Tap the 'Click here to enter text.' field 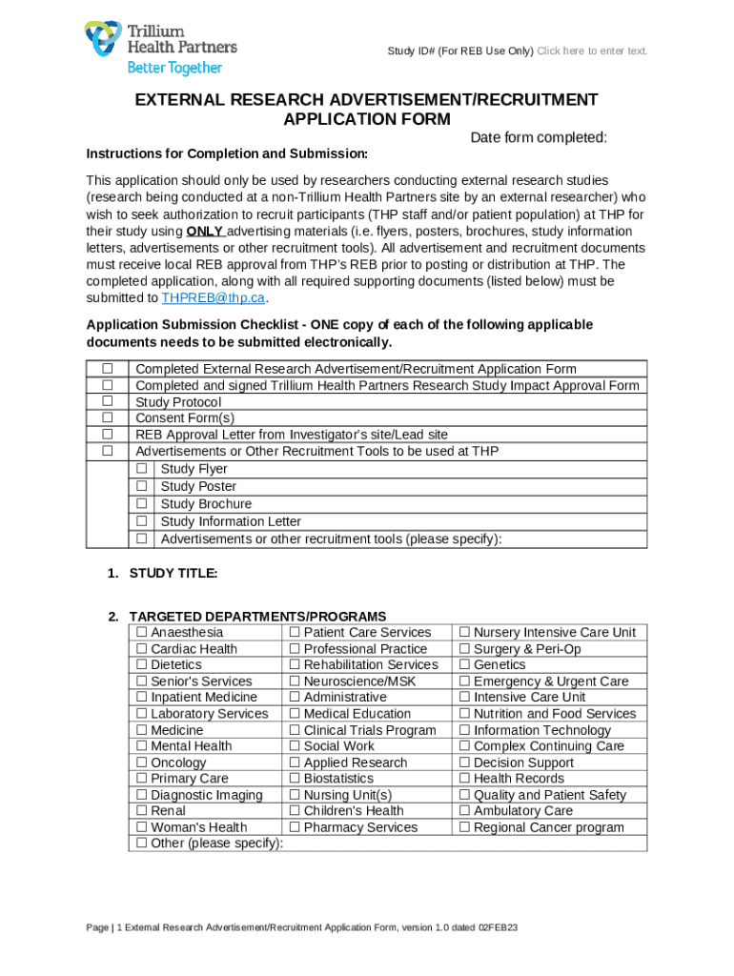pos(592,51)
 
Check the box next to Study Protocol pos(108,402)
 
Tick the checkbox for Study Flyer pos(142,469)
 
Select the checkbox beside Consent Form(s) pos(108,418)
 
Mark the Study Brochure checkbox pos(142,503)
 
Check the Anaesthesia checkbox pos(141,633)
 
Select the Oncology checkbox pos(141,762)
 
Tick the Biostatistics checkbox pos(295,779)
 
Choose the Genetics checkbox pos(464,665)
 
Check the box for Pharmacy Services pos(295,827)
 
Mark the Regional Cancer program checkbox pos(464,827)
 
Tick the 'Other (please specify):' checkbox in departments pos(141,844)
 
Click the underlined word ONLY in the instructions pos(205,232)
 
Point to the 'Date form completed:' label pos(539,138)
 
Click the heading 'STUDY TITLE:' pos(173,573)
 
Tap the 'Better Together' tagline pos(174,68)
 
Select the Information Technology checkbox pos(464,730)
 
